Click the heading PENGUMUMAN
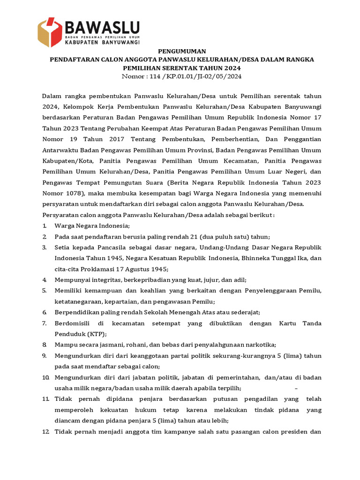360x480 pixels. (x=181, y=51)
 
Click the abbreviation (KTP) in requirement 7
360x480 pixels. (x=97, y=333)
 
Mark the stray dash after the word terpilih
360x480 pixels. (x=296, y=388)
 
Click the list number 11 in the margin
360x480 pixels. (x=45, y=398)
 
